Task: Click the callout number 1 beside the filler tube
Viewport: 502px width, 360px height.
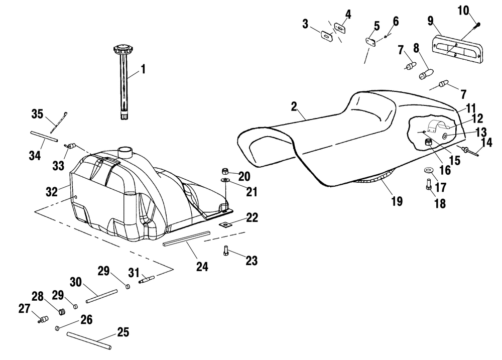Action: point(143,69)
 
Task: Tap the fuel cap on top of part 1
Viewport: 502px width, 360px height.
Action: point(123,50)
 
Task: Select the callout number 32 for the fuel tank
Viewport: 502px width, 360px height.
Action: point(52,191)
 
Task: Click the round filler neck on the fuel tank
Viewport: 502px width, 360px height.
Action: point(125,152)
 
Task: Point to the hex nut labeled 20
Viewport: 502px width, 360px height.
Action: point(225,171)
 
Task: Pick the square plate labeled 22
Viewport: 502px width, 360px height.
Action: point(226,225)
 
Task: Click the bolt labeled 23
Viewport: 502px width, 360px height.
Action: point(226,250)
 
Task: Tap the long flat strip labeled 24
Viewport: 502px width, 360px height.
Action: point(186,238)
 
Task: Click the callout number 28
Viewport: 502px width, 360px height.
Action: point(38,296)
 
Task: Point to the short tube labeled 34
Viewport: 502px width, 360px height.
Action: point(44,136)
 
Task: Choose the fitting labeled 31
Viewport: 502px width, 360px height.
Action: point(147,279)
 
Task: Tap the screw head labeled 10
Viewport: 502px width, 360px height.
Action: point(478,24)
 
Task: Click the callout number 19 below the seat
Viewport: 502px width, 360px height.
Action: point(397,201)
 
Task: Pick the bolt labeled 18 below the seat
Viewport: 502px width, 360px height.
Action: point(429,184)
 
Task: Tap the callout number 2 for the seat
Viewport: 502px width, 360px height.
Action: point(294,106)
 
